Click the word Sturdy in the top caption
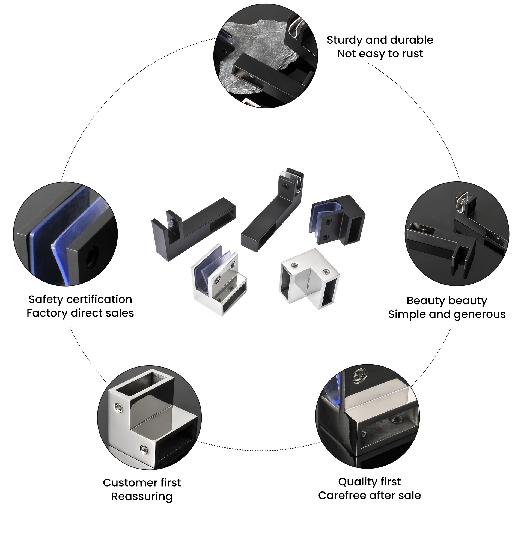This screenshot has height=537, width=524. [x=344, y=40]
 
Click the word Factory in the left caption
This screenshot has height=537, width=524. [x=47, y=313]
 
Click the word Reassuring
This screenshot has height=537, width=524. [x=142, y=496]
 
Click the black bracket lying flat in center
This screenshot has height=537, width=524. [x=193, y=228]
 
